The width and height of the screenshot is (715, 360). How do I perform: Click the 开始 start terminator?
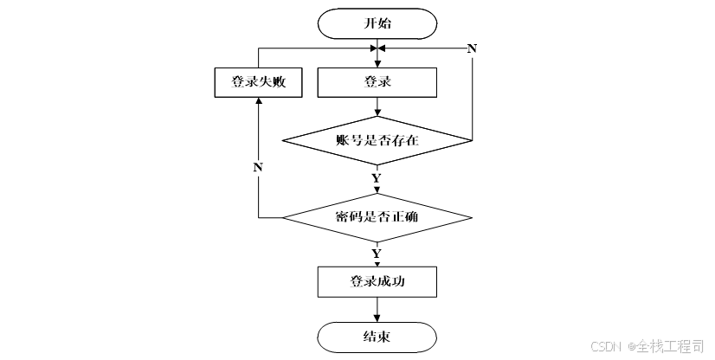coord(377,23)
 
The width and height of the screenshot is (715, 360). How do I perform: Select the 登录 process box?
coord(377,82)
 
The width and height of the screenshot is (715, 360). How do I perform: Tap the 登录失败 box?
coord(259,82)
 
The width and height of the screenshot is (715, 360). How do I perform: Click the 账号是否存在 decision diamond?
coord(377,140)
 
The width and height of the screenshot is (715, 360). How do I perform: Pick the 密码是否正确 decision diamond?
coord(377,217)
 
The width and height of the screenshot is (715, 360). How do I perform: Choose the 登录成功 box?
coord(377,281)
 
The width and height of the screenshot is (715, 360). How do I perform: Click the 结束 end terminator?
coord(377,337)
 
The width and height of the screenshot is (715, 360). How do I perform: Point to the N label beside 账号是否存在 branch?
coord(472,48)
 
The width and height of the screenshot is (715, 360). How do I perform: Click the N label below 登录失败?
coord(258,168)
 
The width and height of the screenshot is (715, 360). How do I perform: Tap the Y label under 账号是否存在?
coord(377,178)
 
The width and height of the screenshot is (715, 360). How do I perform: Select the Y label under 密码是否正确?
coord(377,254)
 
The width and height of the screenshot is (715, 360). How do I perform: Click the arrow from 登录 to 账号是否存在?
coord(377,106)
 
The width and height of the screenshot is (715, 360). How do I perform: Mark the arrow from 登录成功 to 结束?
coord(377,310)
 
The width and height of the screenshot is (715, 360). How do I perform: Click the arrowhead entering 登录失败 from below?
coord(259,101)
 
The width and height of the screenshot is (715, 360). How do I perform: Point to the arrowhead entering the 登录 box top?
coord(377,64)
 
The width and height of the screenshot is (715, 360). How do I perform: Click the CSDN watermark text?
coord(606,346)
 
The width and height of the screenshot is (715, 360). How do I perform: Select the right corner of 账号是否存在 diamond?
coord(472,140)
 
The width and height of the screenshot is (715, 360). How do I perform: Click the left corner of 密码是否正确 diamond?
coord(283,217)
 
